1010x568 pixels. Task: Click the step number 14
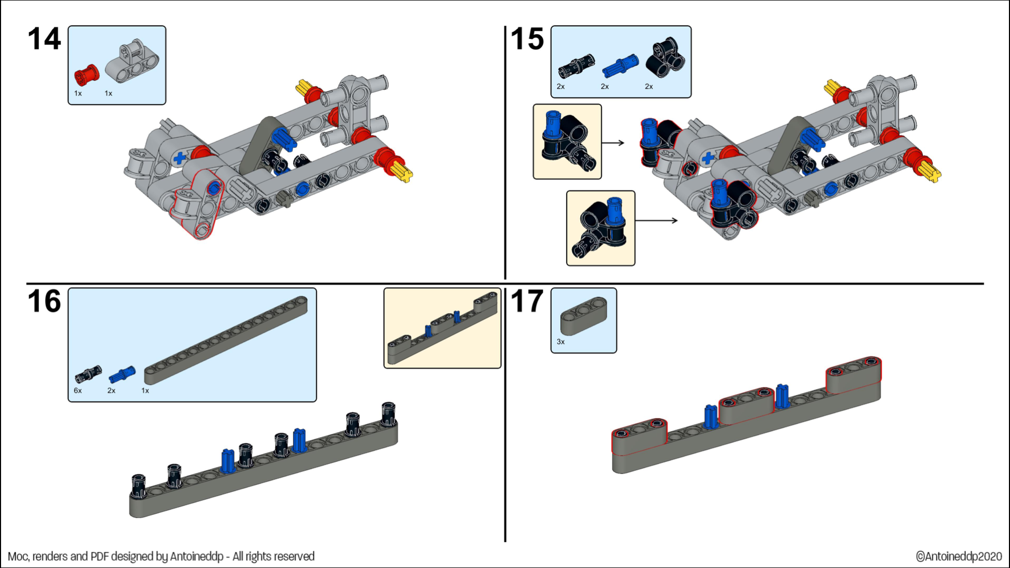pos(44,39)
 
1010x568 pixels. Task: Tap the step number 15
pos(527,39)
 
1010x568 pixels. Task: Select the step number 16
pos(44,301)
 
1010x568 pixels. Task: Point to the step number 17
pos(527,301)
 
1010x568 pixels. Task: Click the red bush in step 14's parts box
pos(87,75)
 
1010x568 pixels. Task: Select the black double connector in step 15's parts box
pos(665,56)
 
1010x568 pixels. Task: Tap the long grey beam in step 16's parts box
pos(226,340)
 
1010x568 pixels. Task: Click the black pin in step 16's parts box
pos(88,374)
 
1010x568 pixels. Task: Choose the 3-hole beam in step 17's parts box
pos(583,316)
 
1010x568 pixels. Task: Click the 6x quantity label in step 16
pos(78,391)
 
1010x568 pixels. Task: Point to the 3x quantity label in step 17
pos(561,342)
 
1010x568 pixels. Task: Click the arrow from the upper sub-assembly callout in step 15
pos(613,143)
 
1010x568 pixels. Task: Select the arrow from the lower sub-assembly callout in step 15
pos(656,220)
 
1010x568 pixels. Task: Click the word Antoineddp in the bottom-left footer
pos(197,556)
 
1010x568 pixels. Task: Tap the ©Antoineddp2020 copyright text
pos(958,556)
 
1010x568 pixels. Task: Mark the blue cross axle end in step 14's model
pos(180,157)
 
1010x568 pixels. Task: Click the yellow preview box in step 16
pos(442,328)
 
